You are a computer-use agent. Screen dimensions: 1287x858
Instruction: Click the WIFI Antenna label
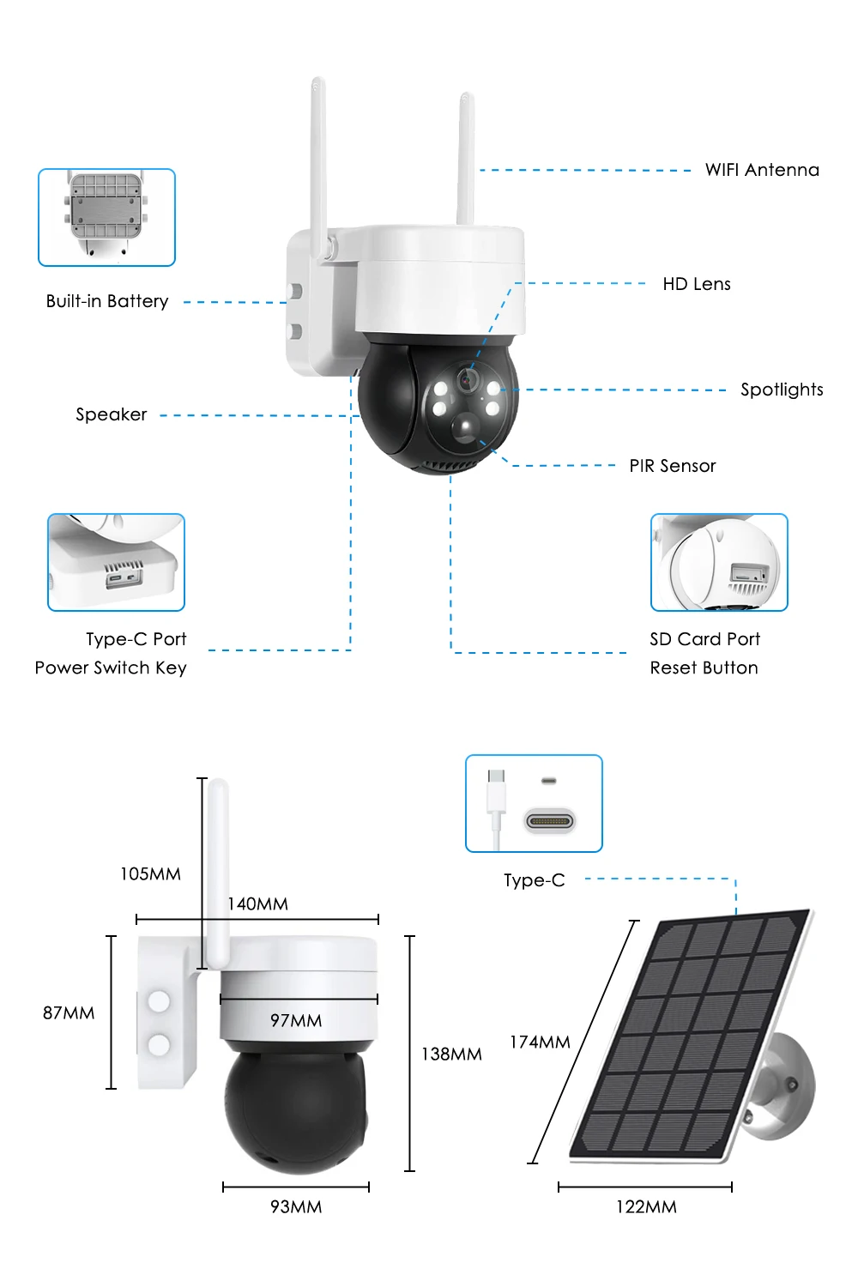point(762,170)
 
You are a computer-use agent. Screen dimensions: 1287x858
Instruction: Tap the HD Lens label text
point(696,284)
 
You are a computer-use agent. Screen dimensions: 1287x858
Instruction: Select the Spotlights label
point(782,390)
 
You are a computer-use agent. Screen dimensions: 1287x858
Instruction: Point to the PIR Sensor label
point(672,466)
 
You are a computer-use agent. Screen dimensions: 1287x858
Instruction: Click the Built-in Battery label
point(107,301)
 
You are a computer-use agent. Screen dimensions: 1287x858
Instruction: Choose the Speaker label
point(112,414)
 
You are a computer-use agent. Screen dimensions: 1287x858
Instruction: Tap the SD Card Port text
point(704,639)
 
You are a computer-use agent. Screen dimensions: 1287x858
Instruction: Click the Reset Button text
point(704,668)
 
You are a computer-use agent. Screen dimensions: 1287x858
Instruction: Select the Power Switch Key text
point(111,668)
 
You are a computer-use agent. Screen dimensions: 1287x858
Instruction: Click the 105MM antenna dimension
point(150,874)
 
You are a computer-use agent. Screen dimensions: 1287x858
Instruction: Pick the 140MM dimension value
point(257,903)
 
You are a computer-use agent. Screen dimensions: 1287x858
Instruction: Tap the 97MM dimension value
point(296,1020)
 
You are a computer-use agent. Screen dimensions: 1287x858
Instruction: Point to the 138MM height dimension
point(451,1054)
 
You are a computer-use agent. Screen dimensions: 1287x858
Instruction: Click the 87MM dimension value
point(69,1013)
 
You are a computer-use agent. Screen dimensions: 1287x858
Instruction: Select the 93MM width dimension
point(296,1207)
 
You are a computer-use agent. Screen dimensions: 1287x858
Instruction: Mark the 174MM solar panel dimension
point(540,1042)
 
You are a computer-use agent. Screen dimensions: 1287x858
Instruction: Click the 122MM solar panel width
point(646,1207)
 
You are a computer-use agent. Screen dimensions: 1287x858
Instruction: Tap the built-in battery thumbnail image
point(106,217)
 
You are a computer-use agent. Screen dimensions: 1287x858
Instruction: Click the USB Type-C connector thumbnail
point(534,803)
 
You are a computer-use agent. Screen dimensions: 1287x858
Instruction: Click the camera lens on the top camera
point(468,378)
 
